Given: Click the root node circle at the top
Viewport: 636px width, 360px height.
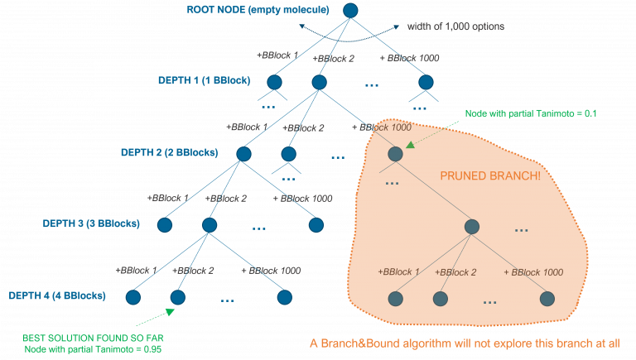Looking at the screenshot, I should point(350,11).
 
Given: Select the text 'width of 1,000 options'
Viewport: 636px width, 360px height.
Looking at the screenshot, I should point(455,27).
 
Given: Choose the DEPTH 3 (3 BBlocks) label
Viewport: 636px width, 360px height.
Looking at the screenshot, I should point(92,223).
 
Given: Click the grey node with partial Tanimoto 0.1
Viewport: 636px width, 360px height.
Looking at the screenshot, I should point(395,154).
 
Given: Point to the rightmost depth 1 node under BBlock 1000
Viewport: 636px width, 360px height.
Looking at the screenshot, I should point(426,82).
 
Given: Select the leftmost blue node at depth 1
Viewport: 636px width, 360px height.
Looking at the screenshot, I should point(275,82).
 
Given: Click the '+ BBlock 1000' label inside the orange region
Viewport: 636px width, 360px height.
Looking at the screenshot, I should point(533,272).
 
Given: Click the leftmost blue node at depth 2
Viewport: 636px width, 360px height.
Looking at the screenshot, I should point(243,154).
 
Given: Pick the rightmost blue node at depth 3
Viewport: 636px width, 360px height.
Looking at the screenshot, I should point(316,224).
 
